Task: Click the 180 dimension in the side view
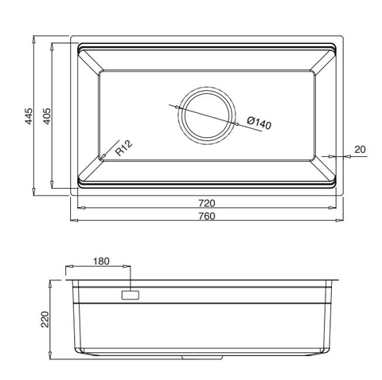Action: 101,262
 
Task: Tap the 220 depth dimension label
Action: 45,319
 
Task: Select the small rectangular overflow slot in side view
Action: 129,295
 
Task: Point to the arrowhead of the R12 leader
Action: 104,156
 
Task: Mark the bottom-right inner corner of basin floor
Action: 314,157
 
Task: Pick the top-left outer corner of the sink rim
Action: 72,36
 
